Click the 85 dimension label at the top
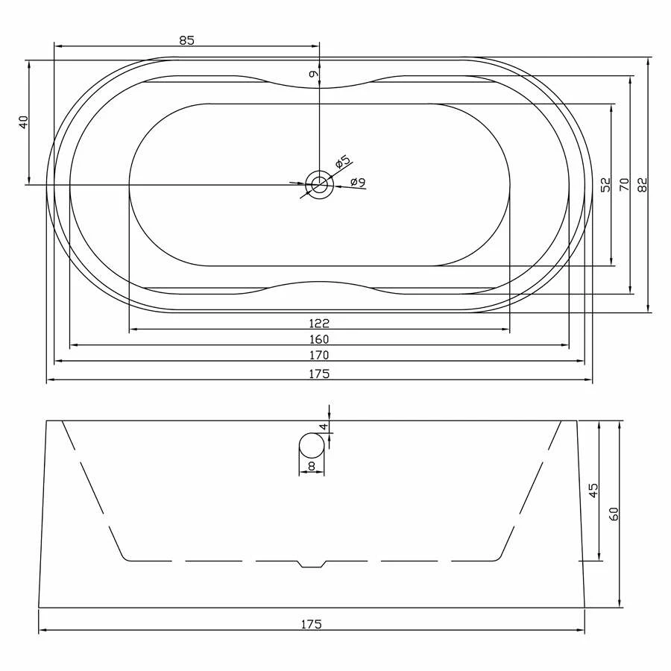click(x=186, y=40)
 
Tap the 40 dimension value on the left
click(x=24, y=122)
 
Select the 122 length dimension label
click(x=319, y=323)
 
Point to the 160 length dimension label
click(x=319, y=339)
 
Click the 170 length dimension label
click(x=319, y=355)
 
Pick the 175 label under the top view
click(x=319, y=374)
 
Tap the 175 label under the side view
click(x=311, y=624)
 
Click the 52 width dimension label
click(x=606, y=185)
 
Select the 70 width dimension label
click(x=625, y=184)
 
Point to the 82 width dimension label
click(x=643, y=184)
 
